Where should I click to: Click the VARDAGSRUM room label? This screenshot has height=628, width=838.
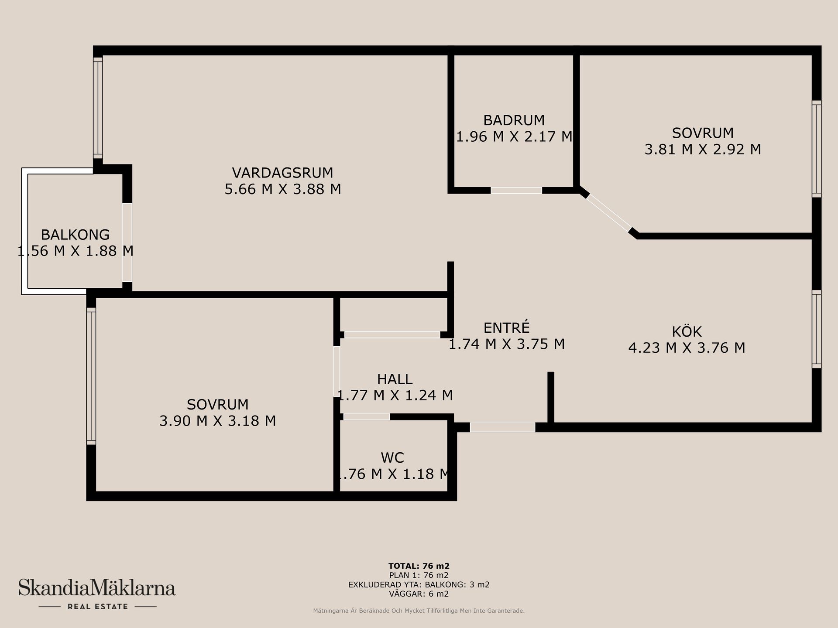[x=282, y=173]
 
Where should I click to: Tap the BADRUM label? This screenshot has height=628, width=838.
[x=514, y=120]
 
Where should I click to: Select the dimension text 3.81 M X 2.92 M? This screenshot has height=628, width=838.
[x=703, y=149]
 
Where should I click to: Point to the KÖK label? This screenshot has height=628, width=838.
[x=687, y=331]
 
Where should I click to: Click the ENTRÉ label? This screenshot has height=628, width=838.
[x=506, y=327]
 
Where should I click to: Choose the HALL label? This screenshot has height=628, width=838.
[x=395, y=379]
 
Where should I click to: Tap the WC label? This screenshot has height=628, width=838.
[x=392, y=457]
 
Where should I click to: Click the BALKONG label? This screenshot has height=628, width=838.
[x=75, y=235]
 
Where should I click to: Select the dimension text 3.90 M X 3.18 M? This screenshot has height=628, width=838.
[x=217, y=421]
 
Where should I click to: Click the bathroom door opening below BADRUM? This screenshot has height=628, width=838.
[x=516, y=191]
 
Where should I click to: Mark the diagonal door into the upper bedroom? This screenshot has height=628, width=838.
[x=609, y=212]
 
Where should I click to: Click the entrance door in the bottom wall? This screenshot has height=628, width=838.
[x=502, y=427]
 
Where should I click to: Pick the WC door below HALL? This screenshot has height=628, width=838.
[x=367, y=417]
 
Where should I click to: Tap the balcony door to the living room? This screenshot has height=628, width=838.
[x=127, y=242]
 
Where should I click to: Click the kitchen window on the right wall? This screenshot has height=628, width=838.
[x=817, y=329]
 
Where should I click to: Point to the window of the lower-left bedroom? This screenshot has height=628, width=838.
[x=91, y=376]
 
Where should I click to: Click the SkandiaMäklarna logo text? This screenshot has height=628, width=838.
[x=96, y=587]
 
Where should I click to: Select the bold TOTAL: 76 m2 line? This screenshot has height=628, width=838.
[x=419, y=566]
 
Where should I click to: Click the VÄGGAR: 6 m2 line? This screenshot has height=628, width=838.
[x=419, y=594]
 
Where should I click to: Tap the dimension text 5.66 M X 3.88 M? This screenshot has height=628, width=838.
[x=282, y=189]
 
